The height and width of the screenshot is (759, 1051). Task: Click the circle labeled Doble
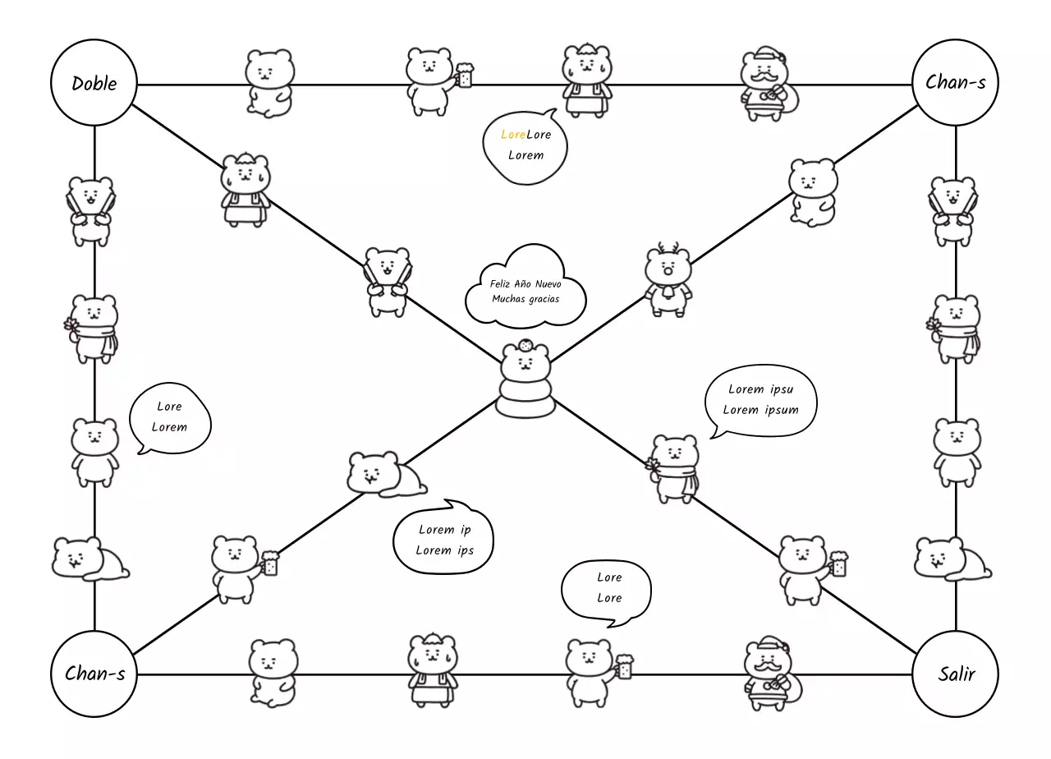tap(94, 83)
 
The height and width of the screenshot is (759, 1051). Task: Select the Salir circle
tap(956, 674)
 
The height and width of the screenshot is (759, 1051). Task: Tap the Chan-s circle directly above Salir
tap(956, 82)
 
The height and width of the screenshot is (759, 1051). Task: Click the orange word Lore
tap(513, 134)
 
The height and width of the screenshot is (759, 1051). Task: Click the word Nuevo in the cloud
tap(548, 283)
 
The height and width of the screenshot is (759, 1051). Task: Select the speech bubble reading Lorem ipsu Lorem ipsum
tap(760, 400)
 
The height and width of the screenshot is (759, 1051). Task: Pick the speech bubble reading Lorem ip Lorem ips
tap(444, 540)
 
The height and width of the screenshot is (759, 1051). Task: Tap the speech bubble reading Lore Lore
tap(608, 588)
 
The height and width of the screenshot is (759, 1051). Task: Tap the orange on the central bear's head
tap(526, 346)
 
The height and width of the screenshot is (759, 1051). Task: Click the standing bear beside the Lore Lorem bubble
tap(94, 451)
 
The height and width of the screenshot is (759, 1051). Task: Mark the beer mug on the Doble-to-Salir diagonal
tap(838, 564)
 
